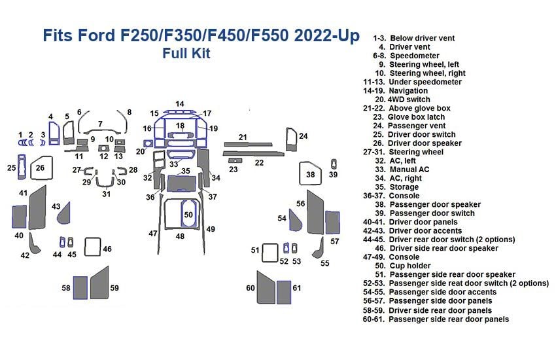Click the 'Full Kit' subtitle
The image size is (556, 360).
pyautogui.click(x=186, y=54)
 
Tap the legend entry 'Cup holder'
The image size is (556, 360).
pyautogui.click(x=413, y=266)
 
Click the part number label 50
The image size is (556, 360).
pyautogui.click(x=188, y=215)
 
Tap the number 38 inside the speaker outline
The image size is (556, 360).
pyautogui.click(x=311, y=175)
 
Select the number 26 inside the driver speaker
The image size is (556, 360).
pyautogui.click(x=40, y=168)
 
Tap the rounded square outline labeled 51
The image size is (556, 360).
pyautogui.click(x=270, y=251)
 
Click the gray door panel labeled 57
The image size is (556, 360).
pyautogui.click(x=333, y=223)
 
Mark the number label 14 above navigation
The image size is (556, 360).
pyautogui.click(x=179, y=104)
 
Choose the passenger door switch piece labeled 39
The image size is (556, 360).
pyautogui.click(x=334, y=163)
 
